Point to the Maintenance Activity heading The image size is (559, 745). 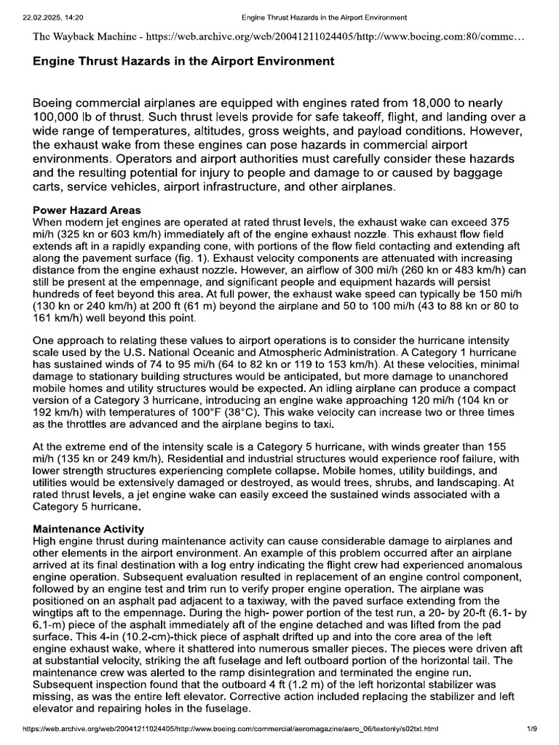pyautogui.click(x=89, y=529)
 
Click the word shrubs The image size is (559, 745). pyautogui.click(x=378, y=482)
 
